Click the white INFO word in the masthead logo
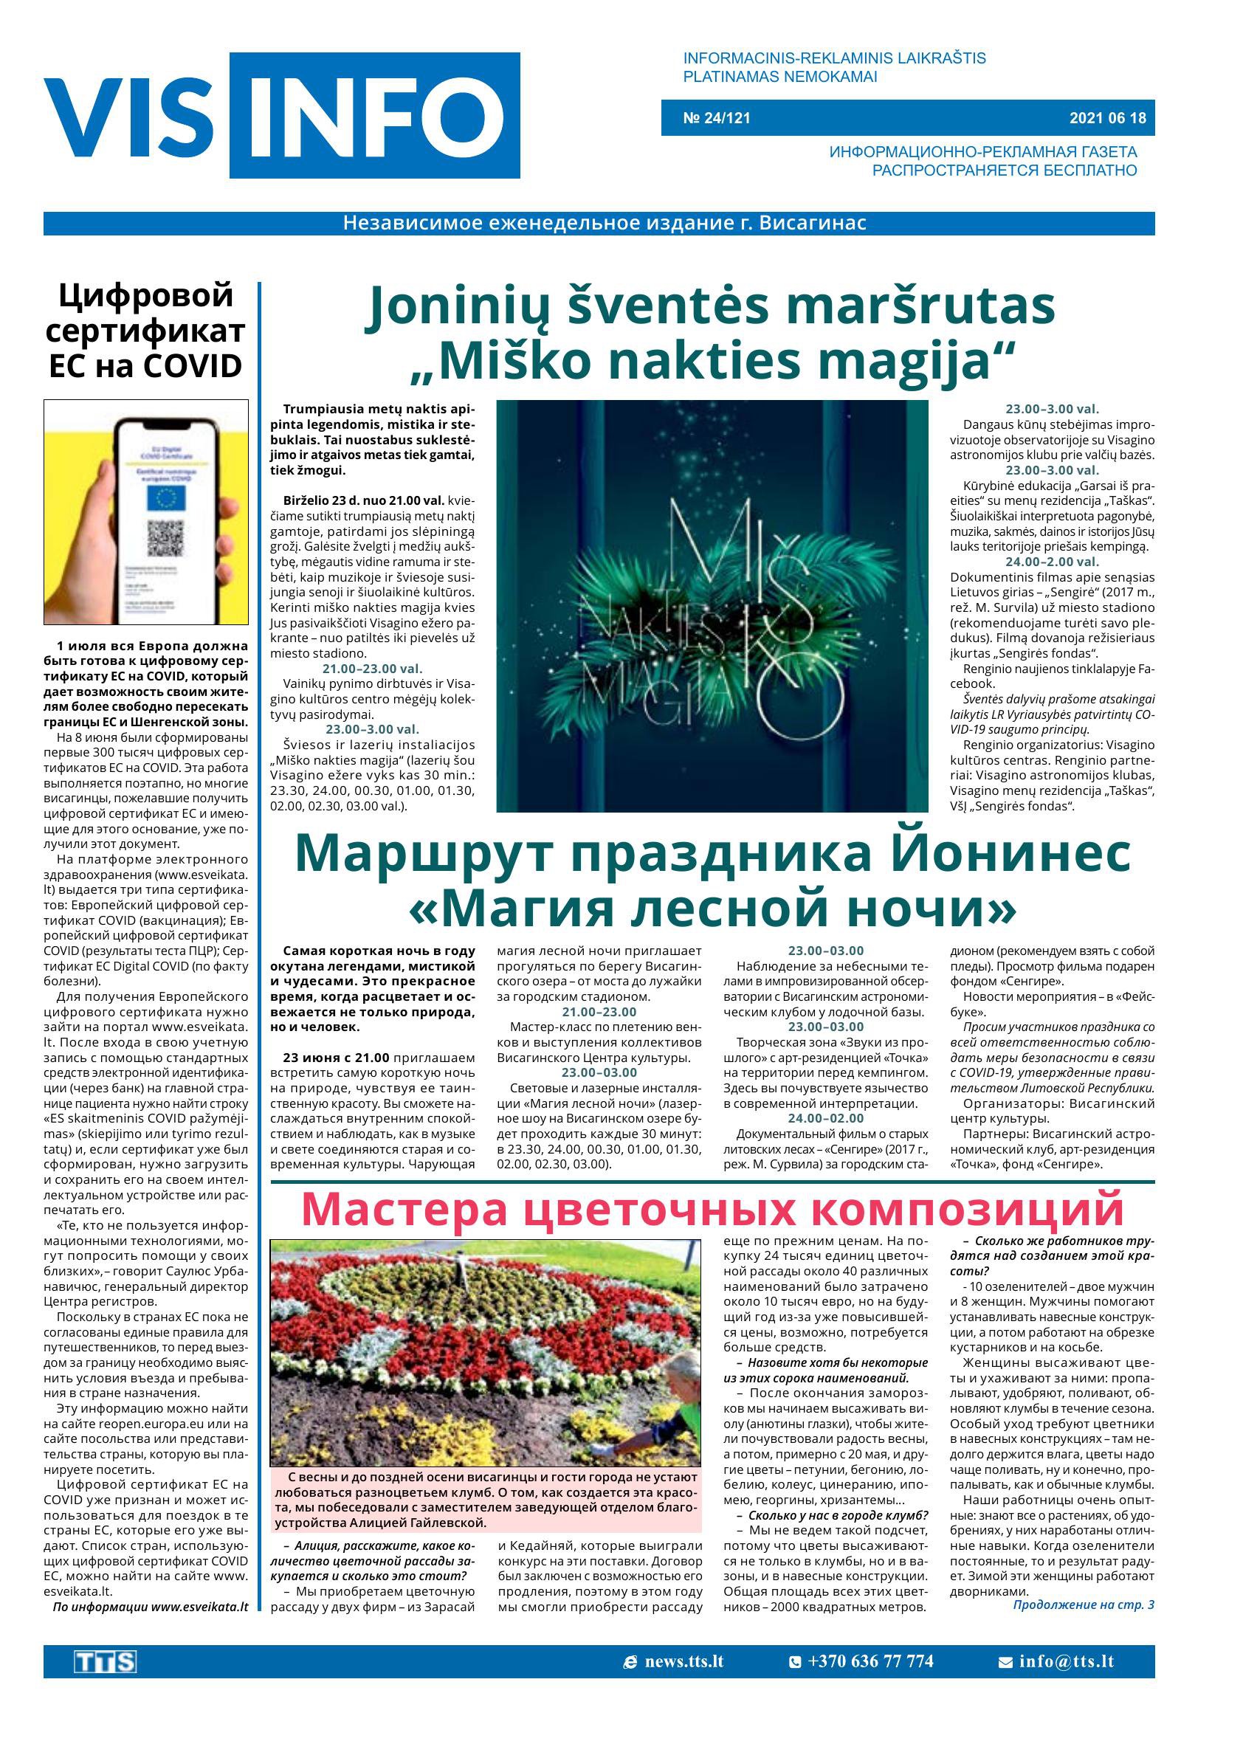click(375, 117)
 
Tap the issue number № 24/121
click(717, 118)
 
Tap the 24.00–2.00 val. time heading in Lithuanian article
click(1052, 562)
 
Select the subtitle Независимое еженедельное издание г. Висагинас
click(605, 224)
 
